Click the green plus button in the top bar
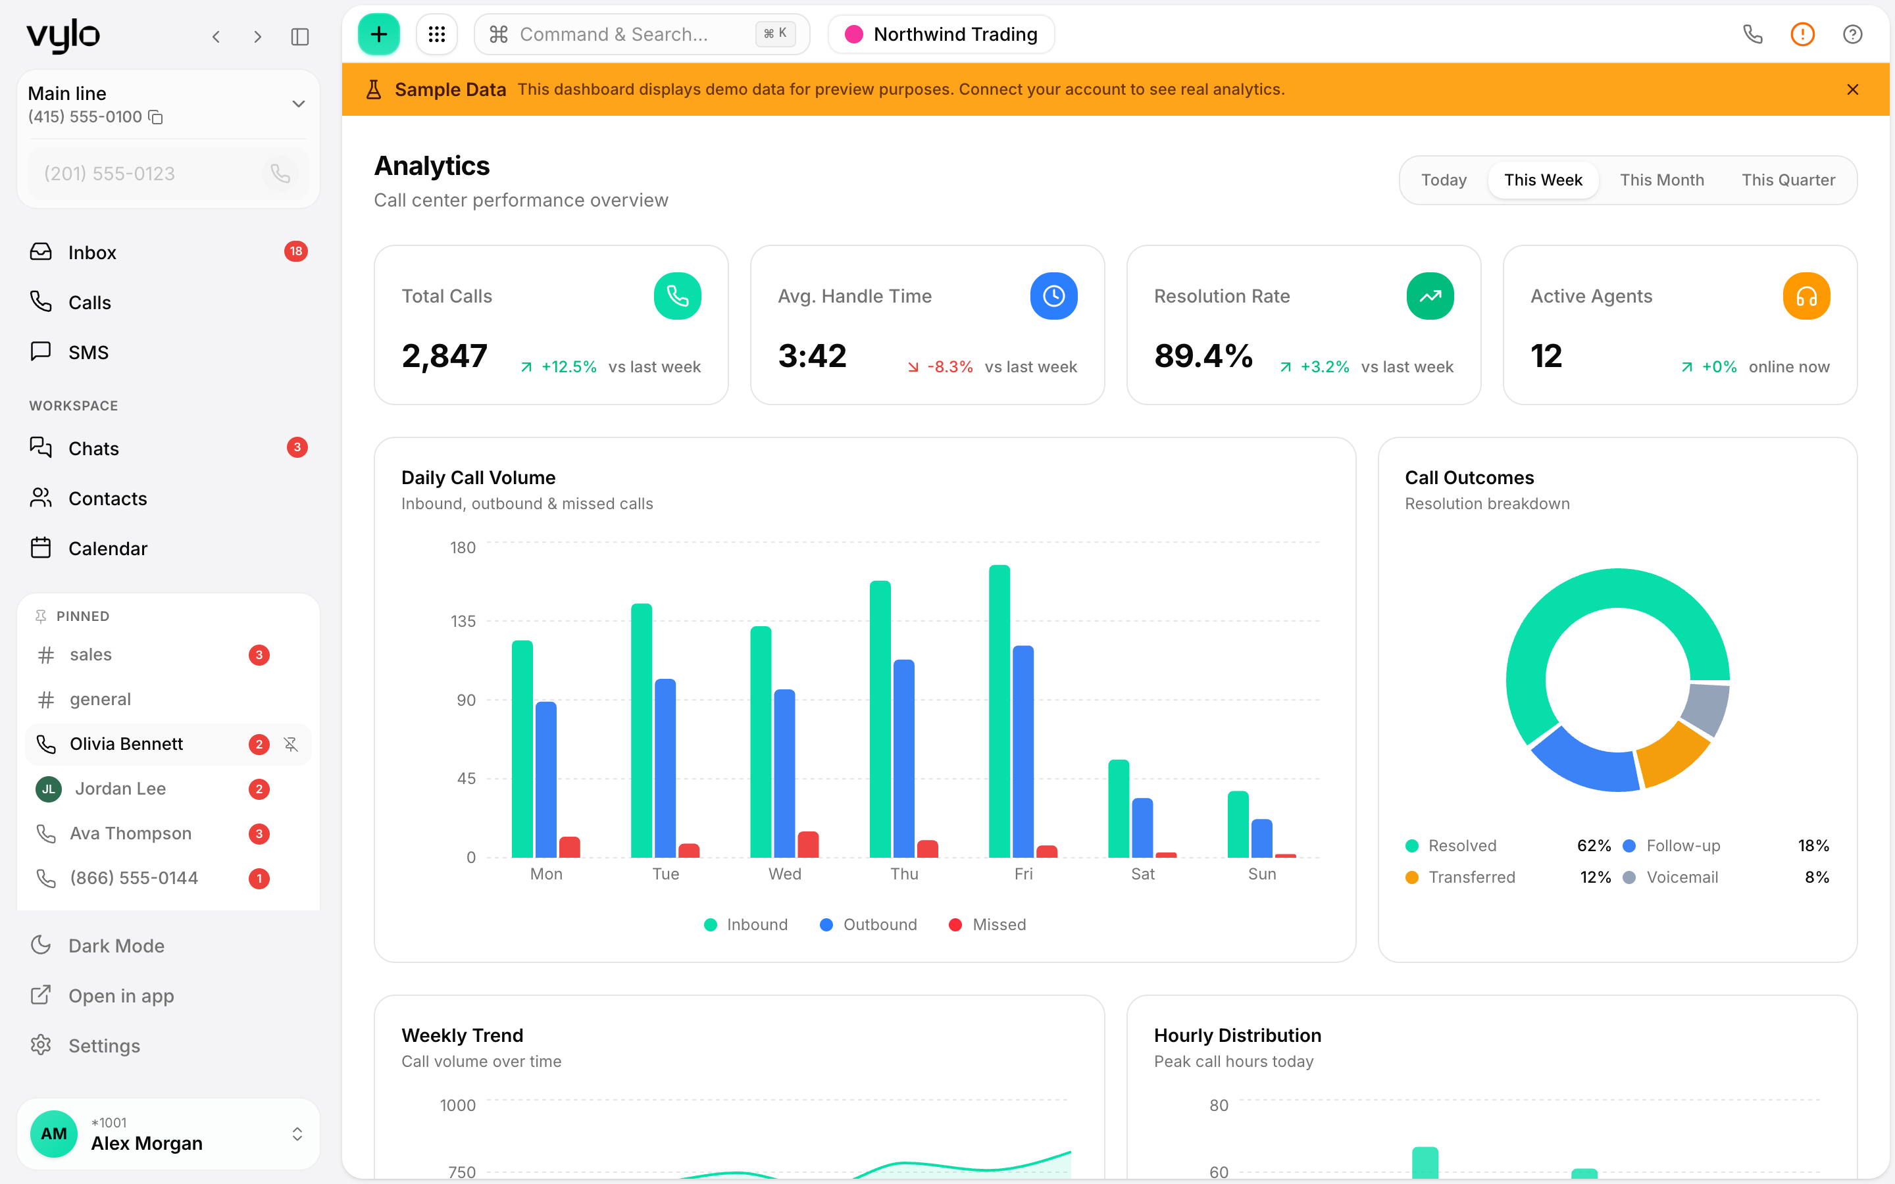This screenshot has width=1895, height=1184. pyautogui.click(x=378, y=34)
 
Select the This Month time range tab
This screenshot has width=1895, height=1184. pyautogui.click(x=1661, y=180)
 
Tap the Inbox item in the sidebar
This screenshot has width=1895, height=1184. pyautogui.click(x=91, y=252)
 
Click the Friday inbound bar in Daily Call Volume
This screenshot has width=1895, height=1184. pyautogui.click(x=999, y=711)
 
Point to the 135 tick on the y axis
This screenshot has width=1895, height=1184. pyautogui.click(x=463, y=621)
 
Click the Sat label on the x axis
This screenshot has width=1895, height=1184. pyautogui.click(x=1142, y=874)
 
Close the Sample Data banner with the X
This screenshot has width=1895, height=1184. pyautogui.click(x=1852, y=89)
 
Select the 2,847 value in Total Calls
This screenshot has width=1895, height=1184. pyautogui.click(x=444, y=357)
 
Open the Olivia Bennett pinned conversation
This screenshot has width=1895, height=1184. pyautogui.click(x=126, y=744)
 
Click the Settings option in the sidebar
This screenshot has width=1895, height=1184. pyautogui.click(x=104, y=1045)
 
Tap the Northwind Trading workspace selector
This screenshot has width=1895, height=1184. pyautogui.click(x=941, y=34)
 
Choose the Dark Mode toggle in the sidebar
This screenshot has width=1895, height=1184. pyautogui.click(x=116, y=946)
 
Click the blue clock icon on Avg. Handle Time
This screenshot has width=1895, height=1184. pyautogui.click(x=1053, y=296)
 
